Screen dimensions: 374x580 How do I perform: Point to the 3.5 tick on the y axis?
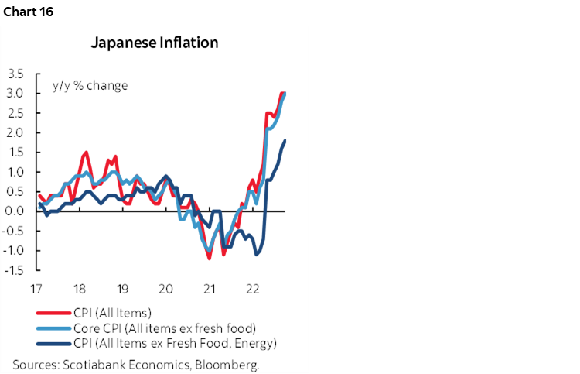click(x=15, y=74)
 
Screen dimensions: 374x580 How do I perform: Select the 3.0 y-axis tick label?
click(x=15, y=94)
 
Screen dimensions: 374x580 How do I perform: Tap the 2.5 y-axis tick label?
click(x=15, y=113)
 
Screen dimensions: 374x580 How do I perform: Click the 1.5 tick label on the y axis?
click(x=15, y=153)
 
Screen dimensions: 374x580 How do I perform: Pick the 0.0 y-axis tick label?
click(x=15, y=211)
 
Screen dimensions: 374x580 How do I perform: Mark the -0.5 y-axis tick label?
click(x=13, y=231)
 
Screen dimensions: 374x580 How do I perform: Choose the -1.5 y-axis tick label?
click(x=13, y=270)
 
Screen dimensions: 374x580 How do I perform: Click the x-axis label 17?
click(x=36, y=288)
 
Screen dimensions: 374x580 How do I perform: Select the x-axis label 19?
click(x=122, y=288)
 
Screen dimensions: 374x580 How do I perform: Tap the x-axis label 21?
click(x=207, y=288)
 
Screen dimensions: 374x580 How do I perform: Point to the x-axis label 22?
click(x=251, y=288)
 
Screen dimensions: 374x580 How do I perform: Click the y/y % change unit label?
click(x=88, y=85)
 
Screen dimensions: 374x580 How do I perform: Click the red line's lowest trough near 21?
click(x=210, y=258)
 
